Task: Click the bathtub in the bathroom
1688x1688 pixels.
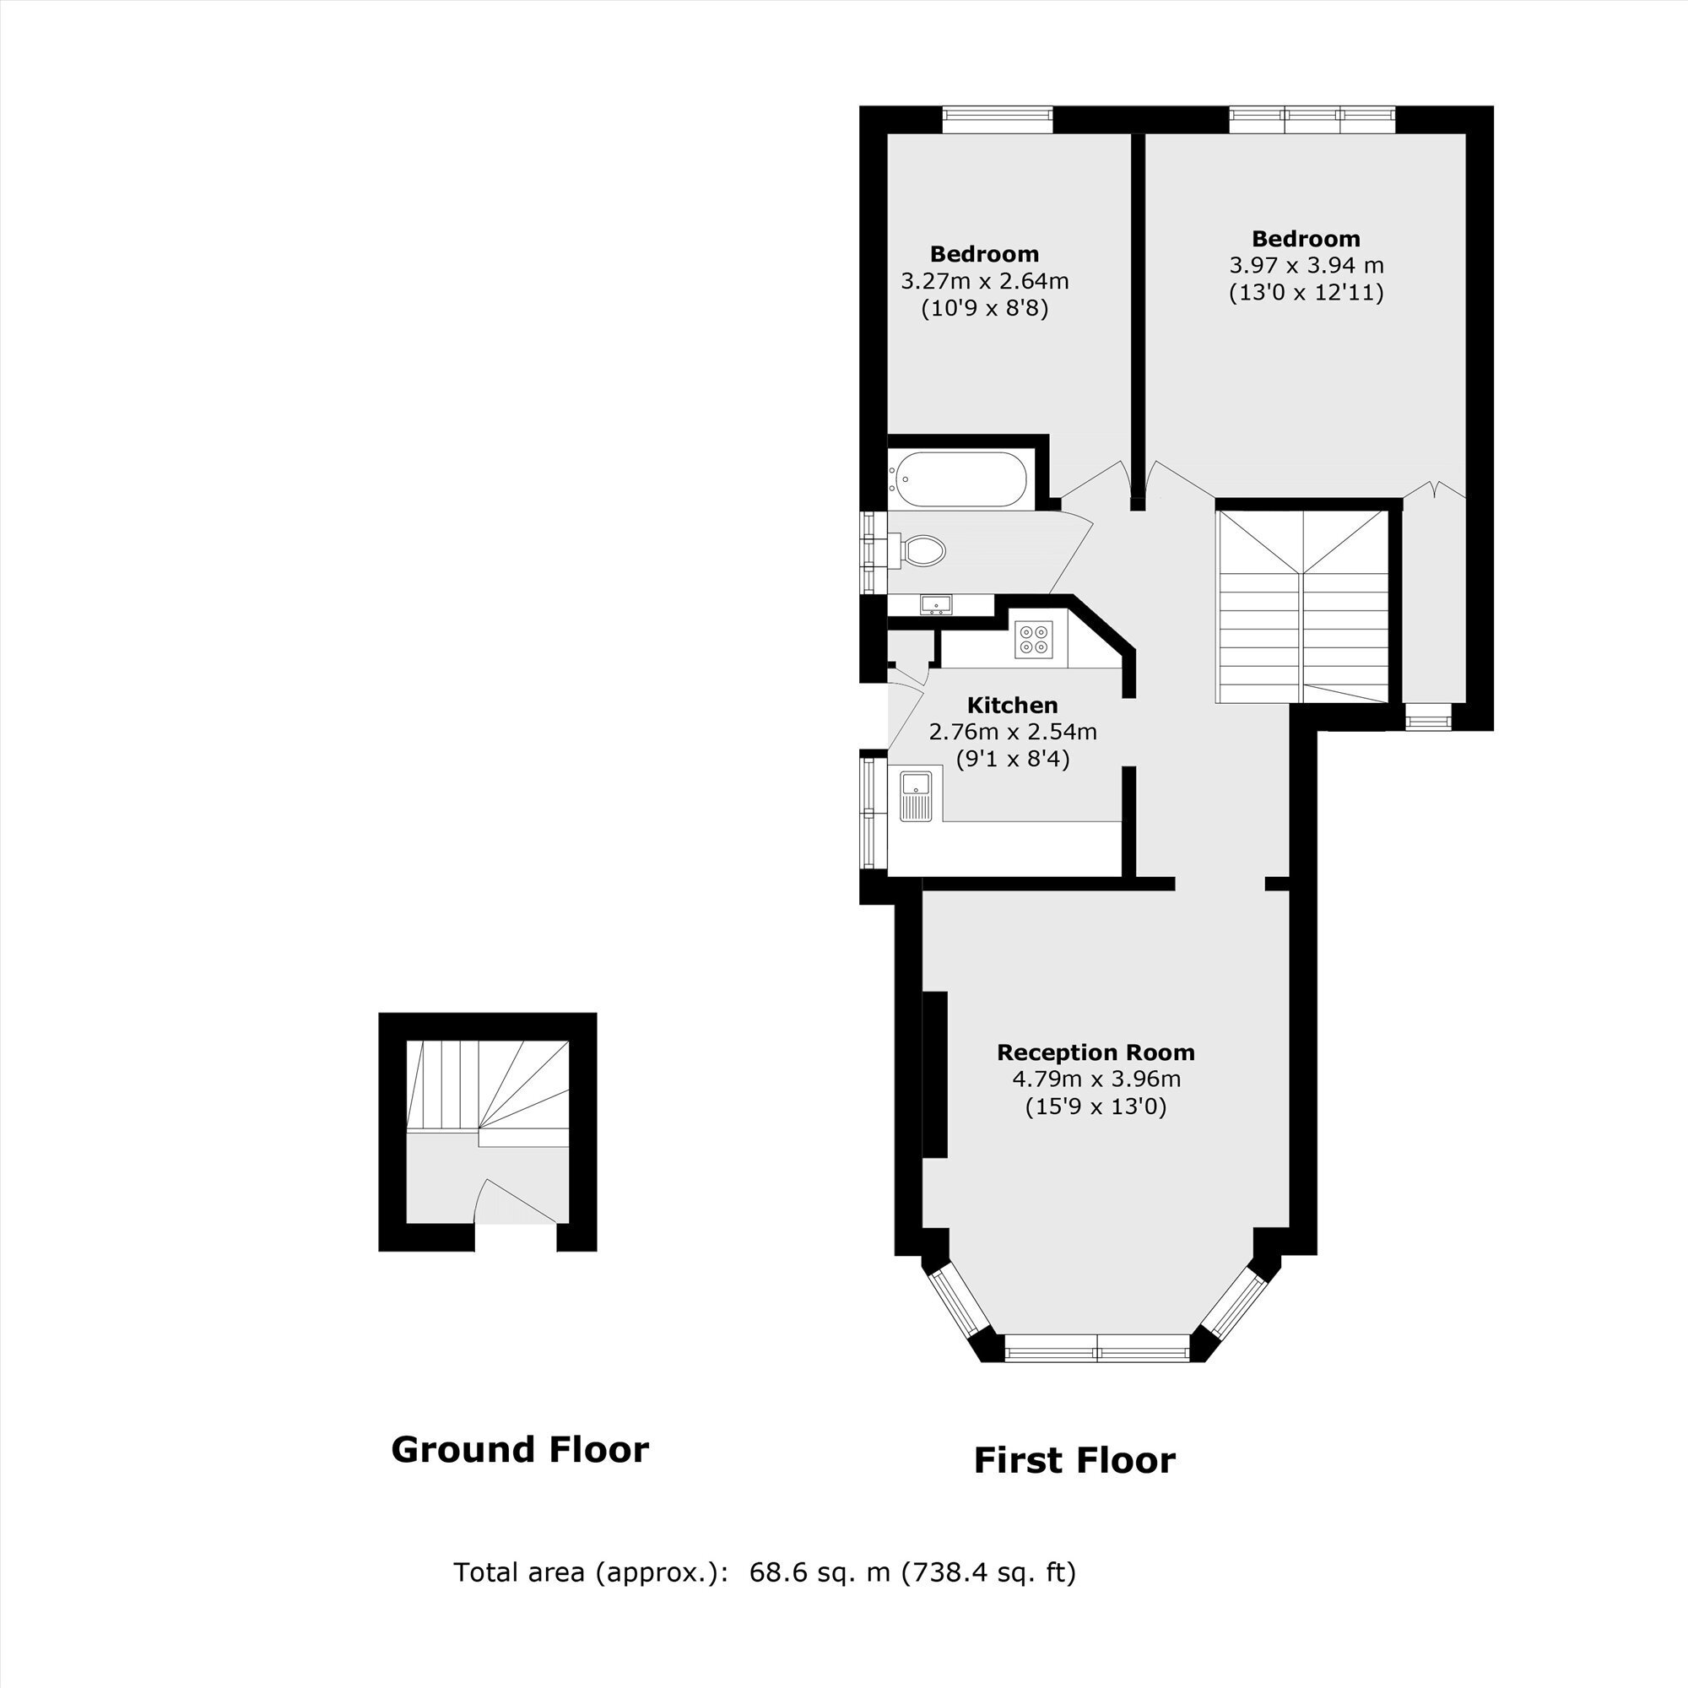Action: click(x=960, y=479)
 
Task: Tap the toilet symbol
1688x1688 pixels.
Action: click(x=918, y=550)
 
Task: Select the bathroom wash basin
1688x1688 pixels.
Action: click(x=937, y=603)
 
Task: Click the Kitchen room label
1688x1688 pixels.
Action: click(x=1013, y=705)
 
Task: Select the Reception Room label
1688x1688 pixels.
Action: click(x=1096, y=1052)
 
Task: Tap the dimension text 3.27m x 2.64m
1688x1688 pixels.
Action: click(x=985, y=281)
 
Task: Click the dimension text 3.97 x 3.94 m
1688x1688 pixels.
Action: click(x=1307, y=265)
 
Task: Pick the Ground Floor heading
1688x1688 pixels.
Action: click(x=520, y=1448)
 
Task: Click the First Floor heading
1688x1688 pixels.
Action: click(x=1074, y=1460)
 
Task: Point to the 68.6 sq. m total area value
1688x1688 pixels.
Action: click(x=820, y=1572)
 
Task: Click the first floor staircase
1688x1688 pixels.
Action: click(x=1301, y=606)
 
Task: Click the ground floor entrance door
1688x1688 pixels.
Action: click(x=516, y=1202)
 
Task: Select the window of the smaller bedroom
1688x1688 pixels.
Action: click(x=997, y=120)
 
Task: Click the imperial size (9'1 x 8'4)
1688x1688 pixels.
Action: click(x=1013, y=759)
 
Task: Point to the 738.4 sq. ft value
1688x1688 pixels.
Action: click(x=991, y=1572)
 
